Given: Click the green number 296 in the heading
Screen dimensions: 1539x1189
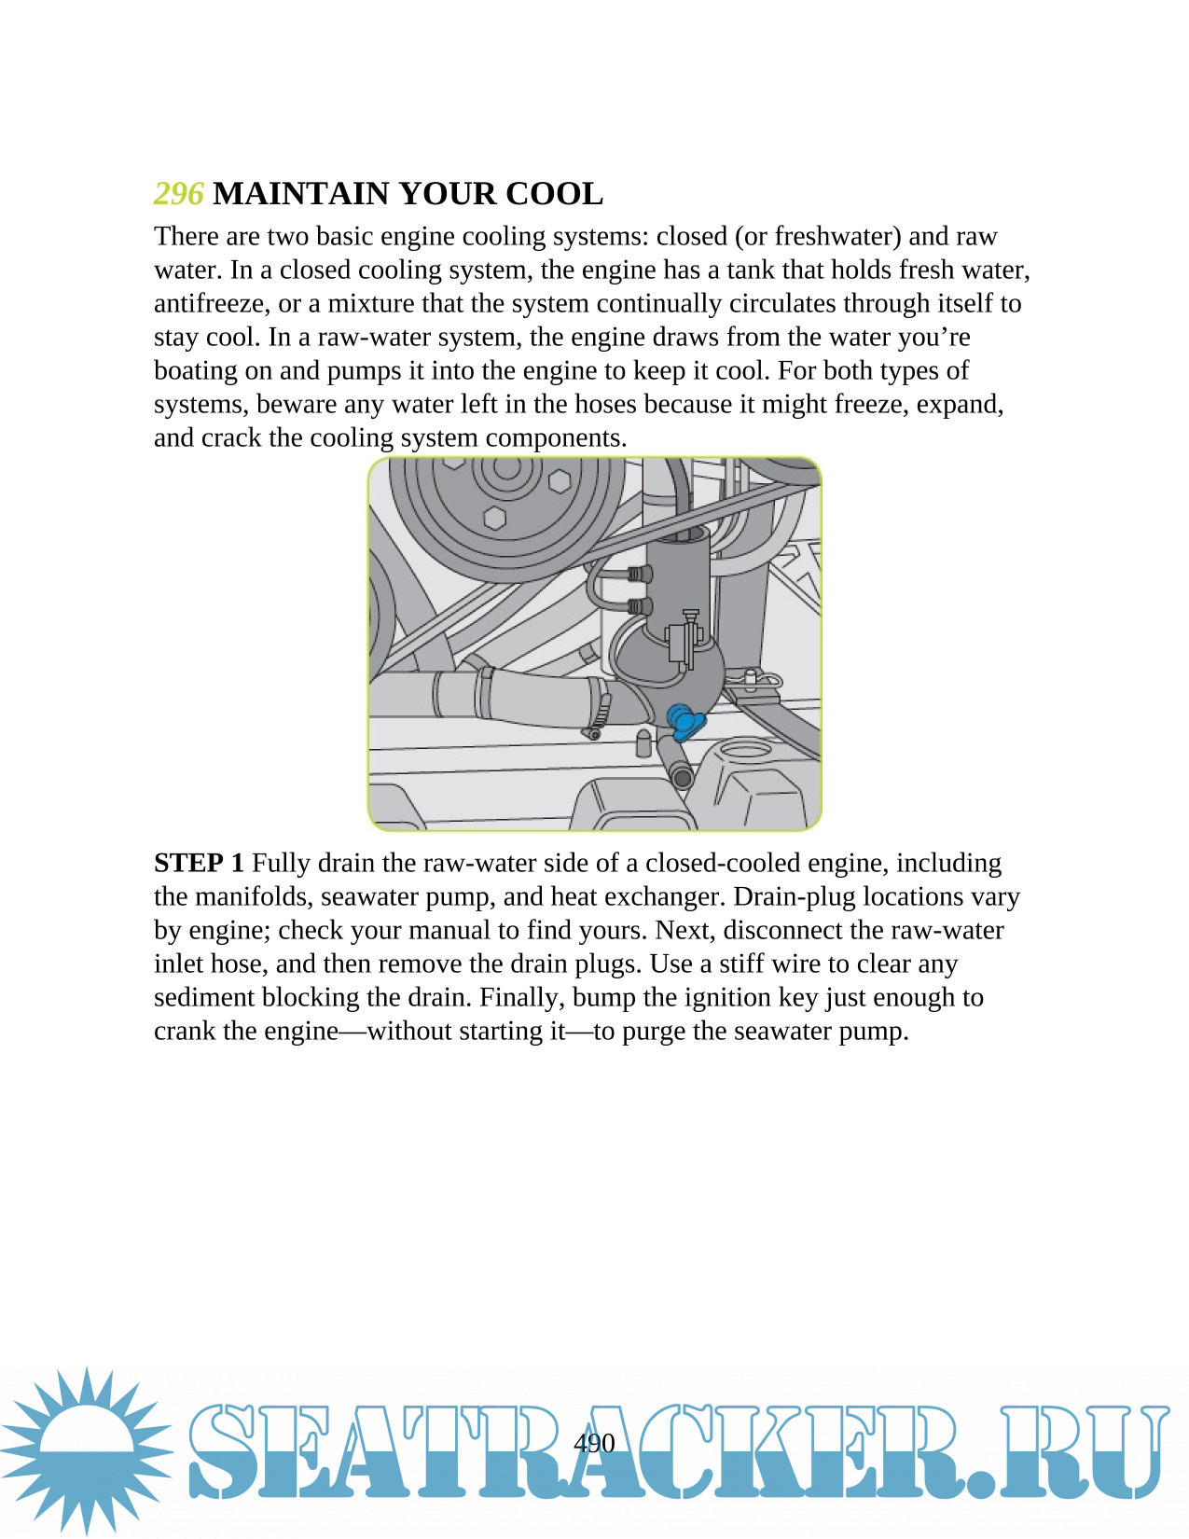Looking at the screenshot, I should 178,194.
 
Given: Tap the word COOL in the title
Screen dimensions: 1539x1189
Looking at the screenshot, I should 554,194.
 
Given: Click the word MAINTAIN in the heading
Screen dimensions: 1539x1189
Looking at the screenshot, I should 300,194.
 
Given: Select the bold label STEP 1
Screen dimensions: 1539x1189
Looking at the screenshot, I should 199,863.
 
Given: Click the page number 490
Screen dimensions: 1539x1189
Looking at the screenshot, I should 594,1443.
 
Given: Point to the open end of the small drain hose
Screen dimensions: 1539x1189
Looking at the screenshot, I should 683,777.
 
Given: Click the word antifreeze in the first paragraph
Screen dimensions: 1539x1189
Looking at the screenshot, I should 209,304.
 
